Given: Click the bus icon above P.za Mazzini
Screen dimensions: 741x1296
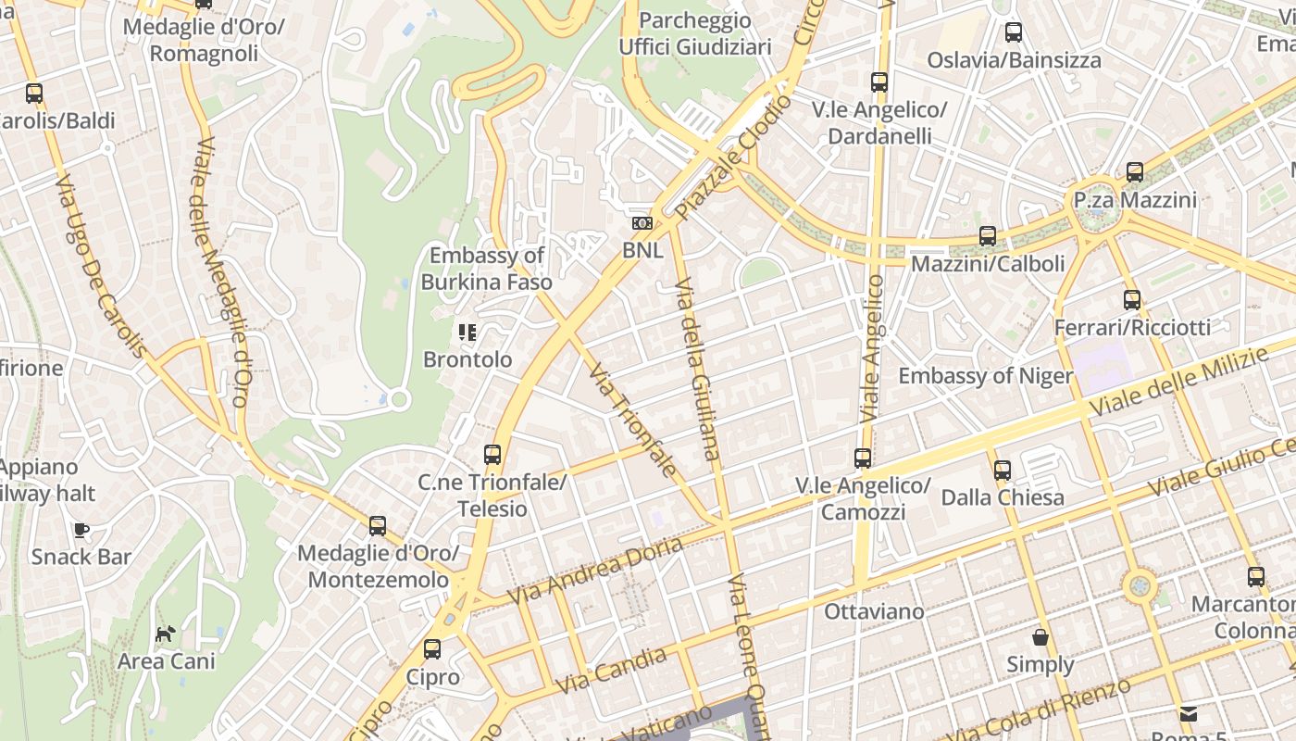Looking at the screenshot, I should click(1135, 172).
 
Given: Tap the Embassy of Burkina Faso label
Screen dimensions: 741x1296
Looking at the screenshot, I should click(487, 269).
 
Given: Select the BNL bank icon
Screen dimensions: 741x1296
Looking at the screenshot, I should click(642, 223).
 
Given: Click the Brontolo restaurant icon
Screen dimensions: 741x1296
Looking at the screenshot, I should click(467, 332).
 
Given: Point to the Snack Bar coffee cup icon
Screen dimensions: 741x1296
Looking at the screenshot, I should click(81, 530).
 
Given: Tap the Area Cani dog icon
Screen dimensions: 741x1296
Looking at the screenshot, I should click(166, 634).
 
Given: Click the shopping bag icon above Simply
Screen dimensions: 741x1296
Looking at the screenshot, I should click(1041, 637).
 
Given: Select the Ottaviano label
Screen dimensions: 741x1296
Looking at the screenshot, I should click(874, 611).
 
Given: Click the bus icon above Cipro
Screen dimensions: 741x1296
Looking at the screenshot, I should click(432, 649).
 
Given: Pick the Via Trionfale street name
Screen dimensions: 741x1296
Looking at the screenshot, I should click(633, 421).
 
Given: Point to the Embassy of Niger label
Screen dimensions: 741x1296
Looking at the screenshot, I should click(985, 376).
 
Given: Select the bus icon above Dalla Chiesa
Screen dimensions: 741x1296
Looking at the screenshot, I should click(1003, 471).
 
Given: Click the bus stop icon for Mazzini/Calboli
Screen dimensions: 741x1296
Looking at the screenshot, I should click(988, 236).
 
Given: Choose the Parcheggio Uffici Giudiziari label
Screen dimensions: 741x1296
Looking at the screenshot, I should click(694, 33).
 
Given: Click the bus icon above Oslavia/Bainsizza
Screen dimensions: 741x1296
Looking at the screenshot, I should click(1014, 33).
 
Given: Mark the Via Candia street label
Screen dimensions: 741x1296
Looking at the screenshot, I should click(613, 672).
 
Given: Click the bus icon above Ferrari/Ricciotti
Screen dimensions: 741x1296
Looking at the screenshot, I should click(1132, 300).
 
